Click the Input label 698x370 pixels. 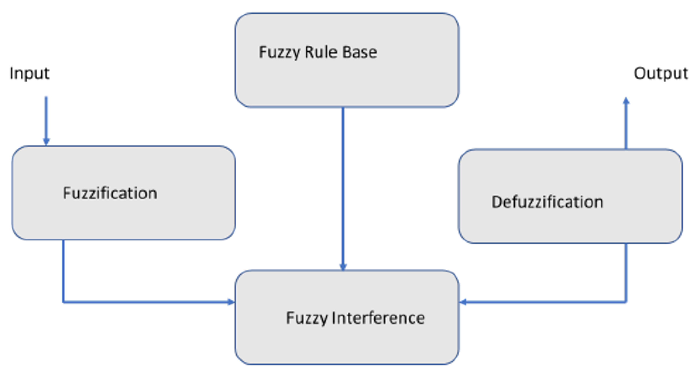pos(29,73)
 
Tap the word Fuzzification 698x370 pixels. pos(110,193)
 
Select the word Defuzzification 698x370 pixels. pos(547,202)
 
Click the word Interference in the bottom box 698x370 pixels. pos(378,318)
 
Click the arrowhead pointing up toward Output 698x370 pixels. pos(626,101)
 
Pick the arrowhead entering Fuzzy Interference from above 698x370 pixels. pos(343,267)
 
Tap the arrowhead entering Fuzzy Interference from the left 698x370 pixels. pos(231,302)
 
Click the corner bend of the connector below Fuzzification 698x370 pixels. pos(63,302)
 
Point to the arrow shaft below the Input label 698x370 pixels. pos(46,117)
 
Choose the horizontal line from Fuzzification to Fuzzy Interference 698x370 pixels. pos(146,302)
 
